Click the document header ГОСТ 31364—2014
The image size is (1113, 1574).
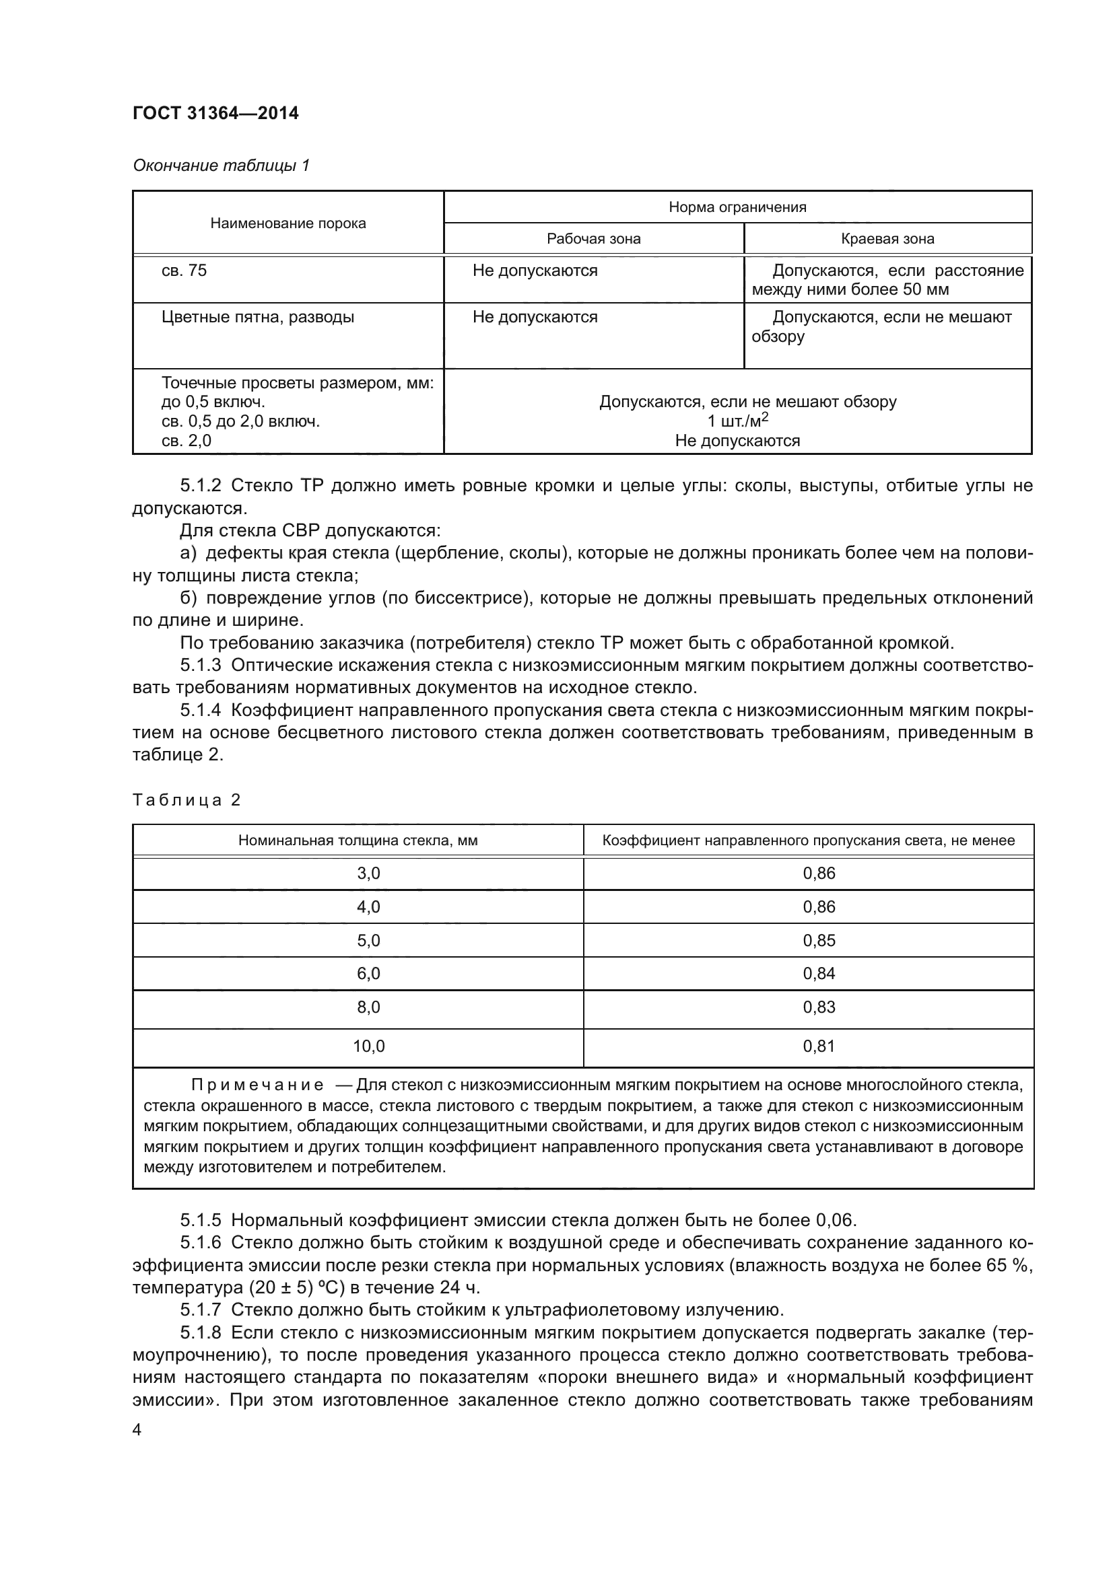click(x=215, y=113)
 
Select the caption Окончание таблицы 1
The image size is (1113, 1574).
click(x=221, y=166)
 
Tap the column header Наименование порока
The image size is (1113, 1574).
click(x=288, y=223)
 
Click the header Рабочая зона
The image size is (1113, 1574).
click(x=593, y=239)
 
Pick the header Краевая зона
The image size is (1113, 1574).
click(x=887, y=239)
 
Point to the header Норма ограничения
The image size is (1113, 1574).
click(x=737, y=207)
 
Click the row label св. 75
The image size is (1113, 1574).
click(x=184, y=271)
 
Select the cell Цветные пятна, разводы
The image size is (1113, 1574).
click(x=258, y=318)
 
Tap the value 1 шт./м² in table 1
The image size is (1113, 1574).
click(x=737, y=420)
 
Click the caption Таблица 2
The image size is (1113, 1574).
click(x=186, y=800)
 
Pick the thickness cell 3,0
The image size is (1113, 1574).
click(x=368, y=873)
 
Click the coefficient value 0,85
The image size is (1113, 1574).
click(x=819, y=941)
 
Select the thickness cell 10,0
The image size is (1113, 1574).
click(x=368, y=1046)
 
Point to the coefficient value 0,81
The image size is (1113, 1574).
click(x=819, y=1046)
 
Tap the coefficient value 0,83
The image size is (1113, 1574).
click(x=819, y=1007)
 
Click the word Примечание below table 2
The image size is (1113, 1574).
click(x=257, y=1085)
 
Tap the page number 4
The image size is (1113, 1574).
click(x=137, y=1431)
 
